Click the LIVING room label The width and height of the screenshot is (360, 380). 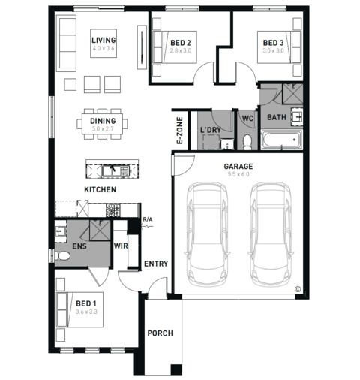coord(103,40)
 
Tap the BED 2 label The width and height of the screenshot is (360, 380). coord(181,43)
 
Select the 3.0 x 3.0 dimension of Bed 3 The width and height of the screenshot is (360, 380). coord(273,50)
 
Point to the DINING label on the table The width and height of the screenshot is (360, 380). coord(103,121)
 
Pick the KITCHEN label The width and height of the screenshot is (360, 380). coord(100,189)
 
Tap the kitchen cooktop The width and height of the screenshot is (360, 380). coord(113,210)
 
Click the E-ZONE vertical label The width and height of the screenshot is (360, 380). coord(179,131)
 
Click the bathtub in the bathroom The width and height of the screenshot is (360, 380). coord(281,140)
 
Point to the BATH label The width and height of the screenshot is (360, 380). coord(277,117)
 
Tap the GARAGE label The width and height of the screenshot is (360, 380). coord(238,166)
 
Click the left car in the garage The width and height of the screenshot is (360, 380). coord(207,234)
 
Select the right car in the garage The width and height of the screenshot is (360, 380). coord(270,234)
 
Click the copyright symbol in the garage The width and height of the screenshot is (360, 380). coord(298,289)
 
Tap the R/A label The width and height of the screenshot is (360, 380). coord(148,219)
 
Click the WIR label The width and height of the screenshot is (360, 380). coord(121,246)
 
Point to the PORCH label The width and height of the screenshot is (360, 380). coord(160,333)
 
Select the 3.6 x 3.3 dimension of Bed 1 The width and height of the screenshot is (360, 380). coord(86,312)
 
